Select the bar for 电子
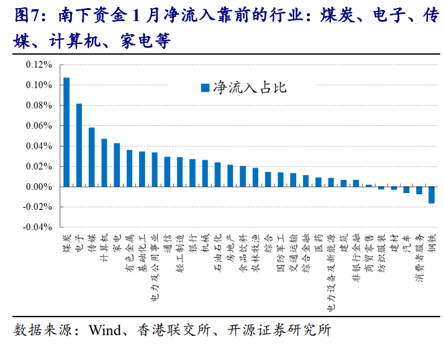(x=79, y=145)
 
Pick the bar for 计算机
(x=104, y=163)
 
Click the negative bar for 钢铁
(x=431, y=195)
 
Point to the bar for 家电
(x=117, y=165)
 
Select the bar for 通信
(x=167, y=172)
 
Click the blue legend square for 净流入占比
(x=204, y=88)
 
